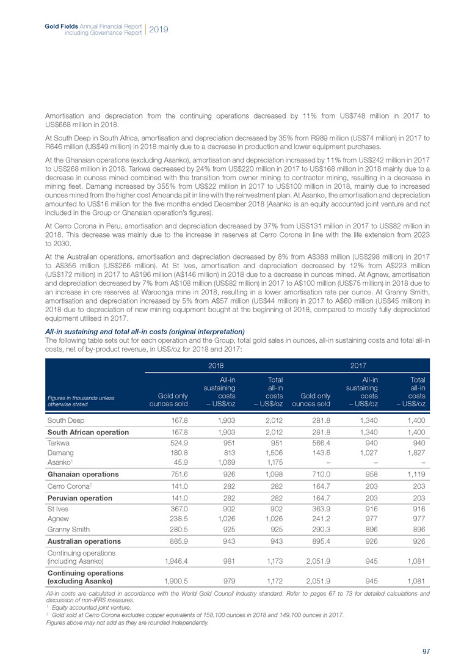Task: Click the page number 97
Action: click(426, 651)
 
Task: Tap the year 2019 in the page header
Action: click(159, 29)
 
